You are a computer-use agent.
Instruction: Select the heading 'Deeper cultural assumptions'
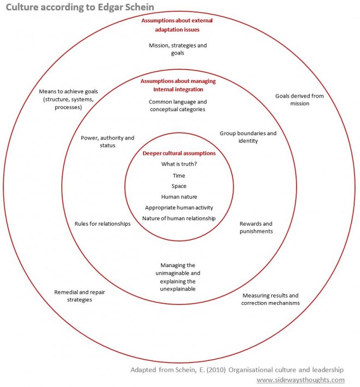click(179, 153)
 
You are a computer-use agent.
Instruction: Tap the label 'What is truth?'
click(179, 164)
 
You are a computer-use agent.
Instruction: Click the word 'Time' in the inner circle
click(179, 176)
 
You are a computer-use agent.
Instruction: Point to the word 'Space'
click(179, 186)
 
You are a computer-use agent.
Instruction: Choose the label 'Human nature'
click(179, 197)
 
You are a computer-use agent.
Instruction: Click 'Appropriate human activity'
click(179, 208)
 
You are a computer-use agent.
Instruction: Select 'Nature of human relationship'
click(179, 219)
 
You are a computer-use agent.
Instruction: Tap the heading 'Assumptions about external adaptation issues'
click(178, 25)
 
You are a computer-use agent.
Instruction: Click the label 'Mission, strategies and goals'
click(178, 49)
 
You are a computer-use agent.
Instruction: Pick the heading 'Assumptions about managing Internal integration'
click(178, 85)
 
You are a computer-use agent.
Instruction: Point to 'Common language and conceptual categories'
click(178, 105)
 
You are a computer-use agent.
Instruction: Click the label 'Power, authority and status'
click(107, 142)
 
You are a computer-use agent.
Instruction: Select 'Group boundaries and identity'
click(248, 137)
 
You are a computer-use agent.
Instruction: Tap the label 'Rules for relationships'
click(103, 223)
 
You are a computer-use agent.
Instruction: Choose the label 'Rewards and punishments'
click(256, 227)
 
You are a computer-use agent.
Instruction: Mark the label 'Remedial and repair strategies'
click(80, 296)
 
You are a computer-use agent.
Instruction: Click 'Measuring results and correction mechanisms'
click(270, 299)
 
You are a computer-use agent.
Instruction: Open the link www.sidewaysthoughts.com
click(301, 379)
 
